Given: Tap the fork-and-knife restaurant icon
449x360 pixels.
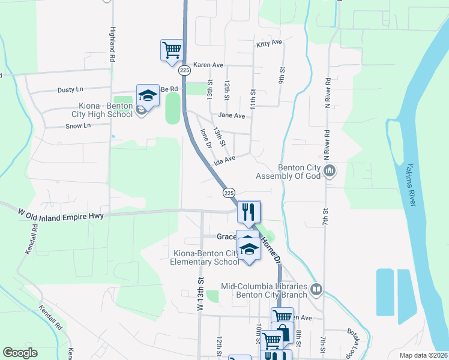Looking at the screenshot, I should coord(247,211).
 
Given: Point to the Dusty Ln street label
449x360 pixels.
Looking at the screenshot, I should coord(70,90).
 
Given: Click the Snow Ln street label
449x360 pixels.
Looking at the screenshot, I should coord(77,126).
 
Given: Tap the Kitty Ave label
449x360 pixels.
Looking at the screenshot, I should coord(268,43).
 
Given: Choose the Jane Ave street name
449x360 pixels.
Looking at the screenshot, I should coord(232,116).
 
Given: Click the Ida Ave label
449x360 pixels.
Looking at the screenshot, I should coord(223,160).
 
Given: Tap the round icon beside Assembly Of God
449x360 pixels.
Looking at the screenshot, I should coord(330,172).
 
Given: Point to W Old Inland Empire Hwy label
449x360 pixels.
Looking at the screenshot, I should coord(61,214).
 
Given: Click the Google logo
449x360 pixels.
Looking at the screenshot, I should coord(20,353).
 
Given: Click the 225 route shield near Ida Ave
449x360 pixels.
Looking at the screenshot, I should coord(229,193).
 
